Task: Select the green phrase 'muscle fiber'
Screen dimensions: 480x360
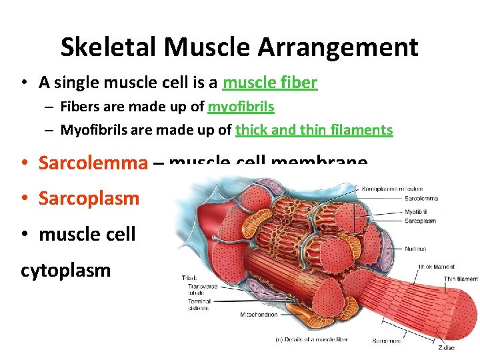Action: (x=270, y=83)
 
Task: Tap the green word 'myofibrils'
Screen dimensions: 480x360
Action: (x=241, y=107)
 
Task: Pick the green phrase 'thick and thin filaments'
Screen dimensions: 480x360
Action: (x=314, y=130)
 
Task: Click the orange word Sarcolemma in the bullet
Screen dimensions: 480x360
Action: (x=93, y=163)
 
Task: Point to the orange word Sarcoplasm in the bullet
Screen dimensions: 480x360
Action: (x=89, y=198)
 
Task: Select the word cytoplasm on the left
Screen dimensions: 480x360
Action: (x=66, y=270)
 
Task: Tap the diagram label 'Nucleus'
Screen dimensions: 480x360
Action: (x=415, y=249)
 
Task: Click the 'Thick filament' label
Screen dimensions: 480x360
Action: (x=437, y=267)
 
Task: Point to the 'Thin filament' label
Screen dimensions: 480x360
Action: (x=461, y=279)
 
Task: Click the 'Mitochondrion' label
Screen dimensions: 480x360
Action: (x=259, y=315)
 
